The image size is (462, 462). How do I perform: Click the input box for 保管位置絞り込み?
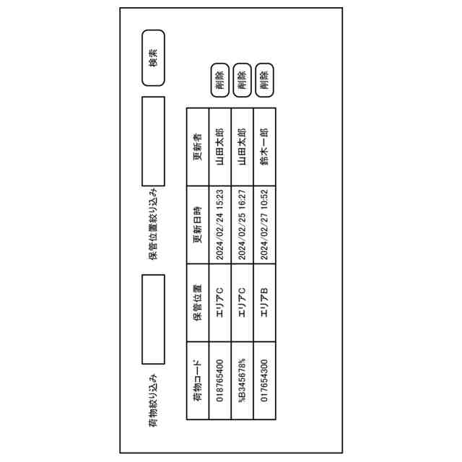coord(153,140)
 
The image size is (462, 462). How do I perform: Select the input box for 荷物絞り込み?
coord(153,319)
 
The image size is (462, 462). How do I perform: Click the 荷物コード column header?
coord(197,387)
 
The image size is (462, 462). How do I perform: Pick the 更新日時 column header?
coord(197,225)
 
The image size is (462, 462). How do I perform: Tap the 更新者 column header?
coord(197,147)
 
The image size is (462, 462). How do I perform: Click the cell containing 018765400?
coord(219,387)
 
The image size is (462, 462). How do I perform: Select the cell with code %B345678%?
coord(243,387)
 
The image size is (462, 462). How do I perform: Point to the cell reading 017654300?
coord(264,387)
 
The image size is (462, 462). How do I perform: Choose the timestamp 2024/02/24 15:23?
coord(219,225)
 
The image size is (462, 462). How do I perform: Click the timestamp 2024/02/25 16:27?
coord(243,225)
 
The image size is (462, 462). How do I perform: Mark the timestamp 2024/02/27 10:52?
coord(264,225)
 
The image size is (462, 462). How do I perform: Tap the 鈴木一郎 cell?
coord(264,147)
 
